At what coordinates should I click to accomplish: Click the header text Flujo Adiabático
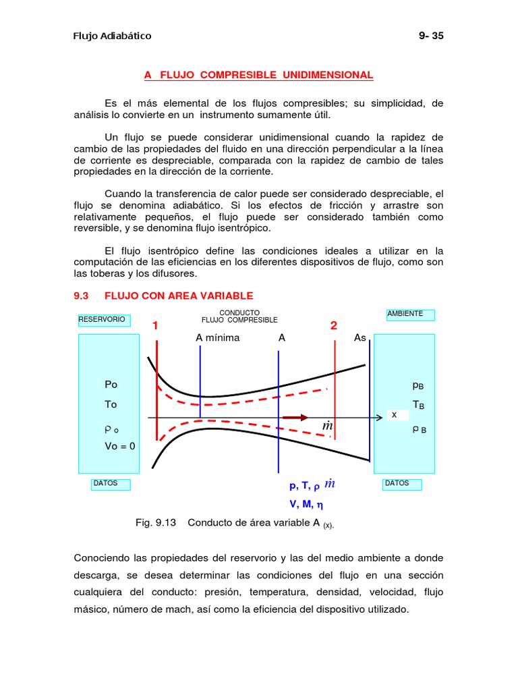[x=112, y=36]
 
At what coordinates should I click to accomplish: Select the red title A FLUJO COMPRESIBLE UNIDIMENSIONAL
[x=258, y=75]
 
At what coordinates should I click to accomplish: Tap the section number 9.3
[x=82, y=296]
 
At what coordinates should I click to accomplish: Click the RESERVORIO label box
[x=103, y=319]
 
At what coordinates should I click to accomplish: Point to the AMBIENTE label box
[x=409, y=314]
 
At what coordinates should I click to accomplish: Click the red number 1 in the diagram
[x=155, y=326]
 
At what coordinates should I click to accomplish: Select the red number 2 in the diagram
[x=333, y=326]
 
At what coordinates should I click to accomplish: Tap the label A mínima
[x=218, y=337]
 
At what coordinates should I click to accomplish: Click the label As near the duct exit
[x=360, y=337]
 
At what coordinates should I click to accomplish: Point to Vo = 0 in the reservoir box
[x=120, y=446]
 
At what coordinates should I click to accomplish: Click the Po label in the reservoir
[x=111, y=384]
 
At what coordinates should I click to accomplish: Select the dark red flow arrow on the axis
[x=295, y=418]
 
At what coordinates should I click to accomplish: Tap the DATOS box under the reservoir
[x=111, y=484]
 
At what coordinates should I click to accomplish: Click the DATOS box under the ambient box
[x=401, y=484]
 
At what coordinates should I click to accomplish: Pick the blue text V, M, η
[x=306, y=503]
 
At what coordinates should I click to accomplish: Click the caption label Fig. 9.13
[x=156, y=523]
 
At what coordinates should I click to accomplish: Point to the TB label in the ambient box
[x=418, y=406]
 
